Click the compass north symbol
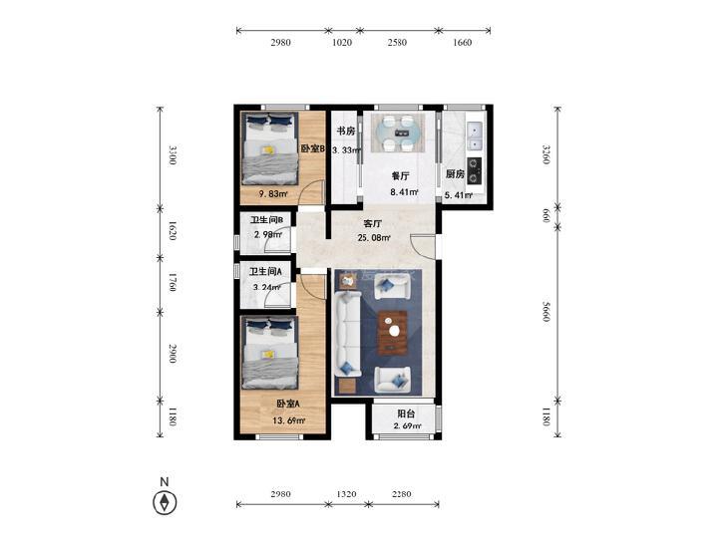165,502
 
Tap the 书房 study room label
346,132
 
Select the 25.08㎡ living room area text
374,238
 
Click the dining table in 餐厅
398,134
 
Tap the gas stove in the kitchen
474,170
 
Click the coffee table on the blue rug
393,332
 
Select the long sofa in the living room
348,334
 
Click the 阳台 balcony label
406,413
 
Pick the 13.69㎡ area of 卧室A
288,420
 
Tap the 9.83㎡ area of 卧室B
273,194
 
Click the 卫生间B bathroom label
266,220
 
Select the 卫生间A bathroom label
265,271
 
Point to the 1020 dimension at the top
342,43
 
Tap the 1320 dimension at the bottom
346,494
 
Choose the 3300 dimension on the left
173,155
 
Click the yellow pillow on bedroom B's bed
267,150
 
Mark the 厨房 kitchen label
455,174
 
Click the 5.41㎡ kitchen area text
458,195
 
